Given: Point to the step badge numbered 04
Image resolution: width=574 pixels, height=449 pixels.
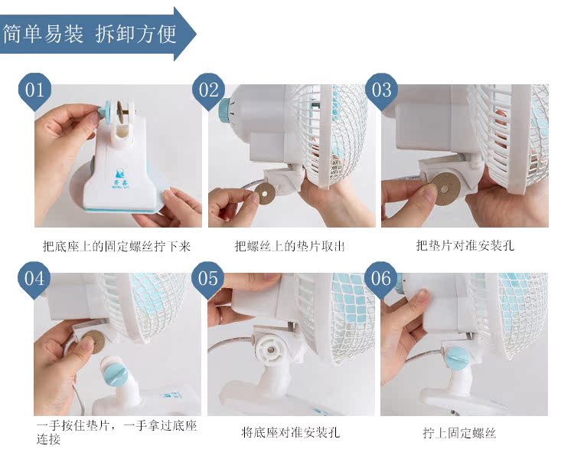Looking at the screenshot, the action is pyautogui.click(x=34, y=280).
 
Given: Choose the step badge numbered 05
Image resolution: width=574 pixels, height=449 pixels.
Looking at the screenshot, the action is pyautogui.click(x=207, y=280).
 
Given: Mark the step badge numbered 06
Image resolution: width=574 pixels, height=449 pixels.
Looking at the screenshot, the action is pyautogui.click(x=381, y=280).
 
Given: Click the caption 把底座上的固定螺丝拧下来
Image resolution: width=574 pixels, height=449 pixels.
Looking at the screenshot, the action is pyautogui.click(x=116, y=246).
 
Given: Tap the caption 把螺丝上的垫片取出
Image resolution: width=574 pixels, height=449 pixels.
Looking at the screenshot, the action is pyautogui.click(x=289, y=246).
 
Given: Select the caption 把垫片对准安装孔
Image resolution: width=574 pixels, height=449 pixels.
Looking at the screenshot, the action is pyautogui.click(x=465, y=245).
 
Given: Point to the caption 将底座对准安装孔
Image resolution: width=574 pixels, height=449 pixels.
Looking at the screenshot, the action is pyautogui.click(x=291, y=432).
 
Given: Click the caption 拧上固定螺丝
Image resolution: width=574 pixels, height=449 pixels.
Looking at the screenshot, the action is pyautogui.click(x=459, y=433).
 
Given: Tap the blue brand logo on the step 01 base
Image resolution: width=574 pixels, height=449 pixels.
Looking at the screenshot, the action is pyautogui.click(x=120, y=175).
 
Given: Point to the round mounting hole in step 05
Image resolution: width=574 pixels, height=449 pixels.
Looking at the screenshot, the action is pyautogui.click(x=270, y=350).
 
